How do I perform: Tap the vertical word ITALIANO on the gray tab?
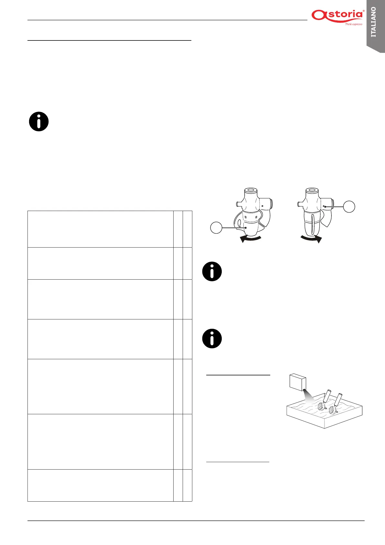[x=374, y=22]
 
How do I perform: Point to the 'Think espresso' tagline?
[x=354, y=24]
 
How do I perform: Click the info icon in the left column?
[x=39, y=122]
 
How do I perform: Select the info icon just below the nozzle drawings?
[x=212, y=271]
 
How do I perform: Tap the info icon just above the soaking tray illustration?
[x=212, y=339]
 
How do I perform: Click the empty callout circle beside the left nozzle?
[x=216, y=228]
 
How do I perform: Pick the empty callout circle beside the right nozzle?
[x=349, y=206]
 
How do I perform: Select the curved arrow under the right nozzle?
[x=311, y=239]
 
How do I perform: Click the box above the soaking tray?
[x=298, y=383]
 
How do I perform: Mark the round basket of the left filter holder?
[x=321, y=406]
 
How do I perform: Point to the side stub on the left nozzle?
[x=238, y=204]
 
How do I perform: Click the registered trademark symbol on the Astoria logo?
[x=364, y=11]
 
